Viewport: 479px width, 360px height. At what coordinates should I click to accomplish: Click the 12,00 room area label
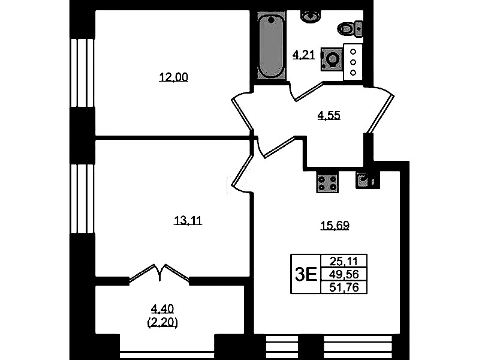click(x=173, y=77)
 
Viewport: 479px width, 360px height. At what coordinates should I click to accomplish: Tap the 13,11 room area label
click(x=188, y=220)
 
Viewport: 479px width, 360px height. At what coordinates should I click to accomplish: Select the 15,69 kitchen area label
click(x=335, y=226)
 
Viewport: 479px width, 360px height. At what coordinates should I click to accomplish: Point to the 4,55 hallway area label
click(x=329, y=116)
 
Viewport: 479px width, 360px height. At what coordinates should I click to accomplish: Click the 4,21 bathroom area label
click(x=304, y=55)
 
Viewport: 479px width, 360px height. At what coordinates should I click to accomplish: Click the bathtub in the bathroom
click(x=271, y=47)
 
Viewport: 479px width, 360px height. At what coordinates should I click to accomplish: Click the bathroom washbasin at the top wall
click(x=311, y=15)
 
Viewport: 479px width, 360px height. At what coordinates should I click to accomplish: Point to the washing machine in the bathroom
click(x=331, y=59)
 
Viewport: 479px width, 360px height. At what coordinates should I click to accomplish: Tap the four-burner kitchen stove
click(x=327, y=182)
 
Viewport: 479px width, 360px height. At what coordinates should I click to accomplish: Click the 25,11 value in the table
click(x=344, y=261)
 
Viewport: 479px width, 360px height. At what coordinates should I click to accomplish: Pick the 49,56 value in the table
click(x=344, y=274)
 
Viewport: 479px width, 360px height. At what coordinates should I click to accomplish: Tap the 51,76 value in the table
click(x=344, y=287)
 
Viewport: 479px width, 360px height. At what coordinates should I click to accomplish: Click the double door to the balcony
click(x=159, y=273)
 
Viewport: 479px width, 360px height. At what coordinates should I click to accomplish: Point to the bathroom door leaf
click(x=308, y=91)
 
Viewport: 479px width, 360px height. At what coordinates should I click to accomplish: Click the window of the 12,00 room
click(x=82, y=73)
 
